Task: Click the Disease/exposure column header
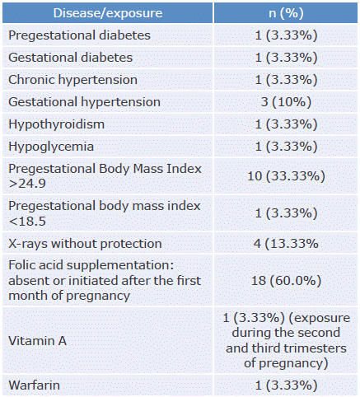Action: point(108,13)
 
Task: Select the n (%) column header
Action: point(286,13)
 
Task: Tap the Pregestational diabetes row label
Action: point(79,35)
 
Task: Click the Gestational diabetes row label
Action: point(71,58)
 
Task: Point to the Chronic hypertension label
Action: point(72,80)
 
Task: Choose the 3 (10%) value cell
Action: point(286,102)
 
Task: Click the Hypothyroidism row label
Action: point(57,124)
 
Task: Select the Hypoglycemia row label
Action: point(51,147)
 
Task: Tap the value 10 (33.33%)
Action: point(286,176)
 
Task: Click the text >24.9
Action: point(27,184)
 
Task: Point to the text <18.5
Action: point(27,222)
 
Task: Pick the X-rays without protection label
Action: point(85,244)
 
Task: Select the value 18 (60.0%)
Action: point(286,281)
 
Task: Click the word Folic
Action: point(23,265)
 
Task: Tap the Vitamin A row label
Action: point(37,341)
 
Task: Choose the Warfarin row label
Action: point(34,385)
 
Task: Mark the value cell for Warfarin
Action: point(286,385)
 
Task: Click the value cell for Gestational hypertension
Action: point(286,102)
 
